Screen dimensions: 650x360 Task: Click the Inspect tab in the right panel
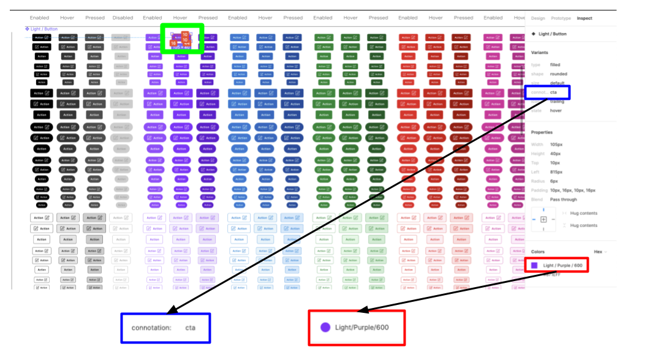coord(584,18)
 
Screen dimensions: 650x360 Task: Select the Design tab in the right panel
coord(537,18)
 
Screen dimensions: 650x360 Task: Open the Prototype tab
coord(560,18)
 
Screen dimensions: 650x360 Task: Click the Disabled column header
coord(123,18)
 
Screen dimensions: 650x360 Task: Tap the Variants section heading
coord(540,53)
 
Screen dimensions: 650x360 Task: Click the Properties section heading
coord(542,132)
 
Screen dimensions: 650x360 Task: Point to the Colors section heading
coord(537,252)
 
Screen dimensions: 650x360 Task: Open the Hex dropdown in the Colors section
coord(600,252)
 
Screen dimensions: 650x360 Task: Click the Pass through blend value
coord(564,200)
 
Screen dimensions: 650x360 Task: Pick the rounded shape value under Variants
coord(558,74)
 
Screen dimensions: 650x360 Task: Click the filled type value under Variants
coord(555,65)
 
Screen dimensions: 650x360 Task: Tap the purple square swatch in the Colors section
coord(534,265)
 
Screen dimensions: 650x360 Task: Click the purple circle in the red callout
coord(325,328)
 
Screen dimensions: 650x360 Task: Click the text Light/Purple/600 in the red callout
coord(361,328)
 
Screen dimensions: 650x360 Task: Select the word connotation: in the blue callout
coord(151,328)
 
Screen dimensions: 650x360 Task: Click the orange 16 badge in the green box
coord(174,43)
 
